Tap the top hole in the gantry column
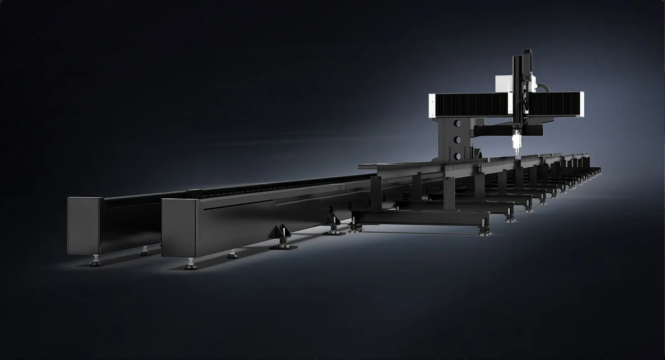(457, 124)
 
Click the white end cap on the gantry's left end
(432, 105)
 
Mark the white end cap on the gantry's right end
(581, 104)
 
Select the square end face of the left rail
(83, 225)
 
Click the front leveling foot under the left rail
(96, 260)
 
